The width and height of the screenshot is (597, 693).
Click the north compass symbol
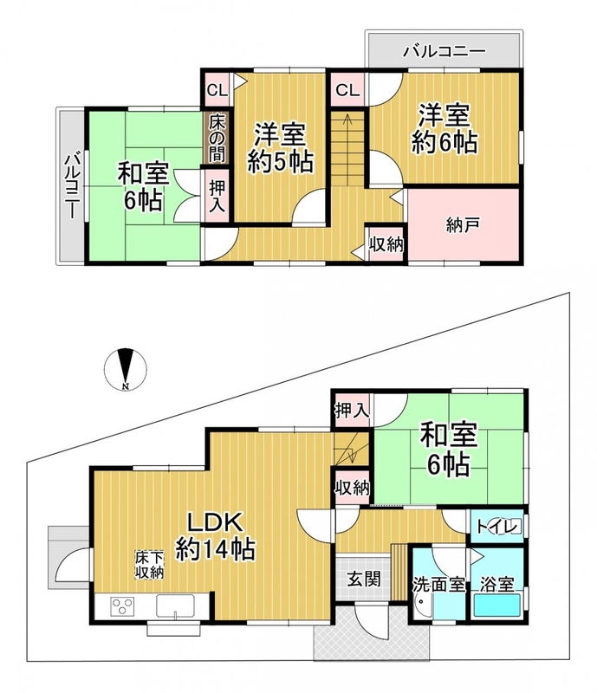[126, 370]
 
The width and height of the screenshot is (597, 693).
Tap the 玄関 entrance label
[363, 579]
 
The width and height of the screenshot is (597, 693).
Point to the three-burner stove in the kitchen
[122, 605]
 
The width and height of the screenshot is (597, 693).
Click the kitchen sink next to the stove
[175, 606]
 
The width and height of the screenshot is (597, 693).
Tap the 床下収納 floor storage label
[150, 565]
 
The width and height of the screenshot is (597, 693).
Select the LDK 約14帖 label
[215, 536]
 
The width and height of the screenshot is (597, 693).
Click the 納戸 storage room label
[463, 226]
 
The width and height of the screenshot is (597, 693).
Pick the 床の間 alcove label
[217, 138]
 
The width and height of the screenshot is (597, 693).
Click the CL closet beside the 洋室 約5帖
[217, 91]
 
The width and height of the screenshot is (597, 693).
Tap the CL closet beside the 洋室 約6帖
[347, 90]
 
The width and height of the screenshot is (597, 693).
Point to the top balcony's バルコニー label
[444, 51]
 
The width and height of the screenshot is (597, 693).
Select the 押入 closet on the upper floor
[217, 196]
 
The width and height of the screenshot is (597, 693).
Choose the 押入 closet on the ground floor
[352, 411]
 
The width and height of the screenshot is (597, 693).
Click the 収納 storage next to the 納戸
[386, 244]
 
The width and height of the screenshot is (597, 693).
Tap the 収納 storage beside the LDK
[352, 488]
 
